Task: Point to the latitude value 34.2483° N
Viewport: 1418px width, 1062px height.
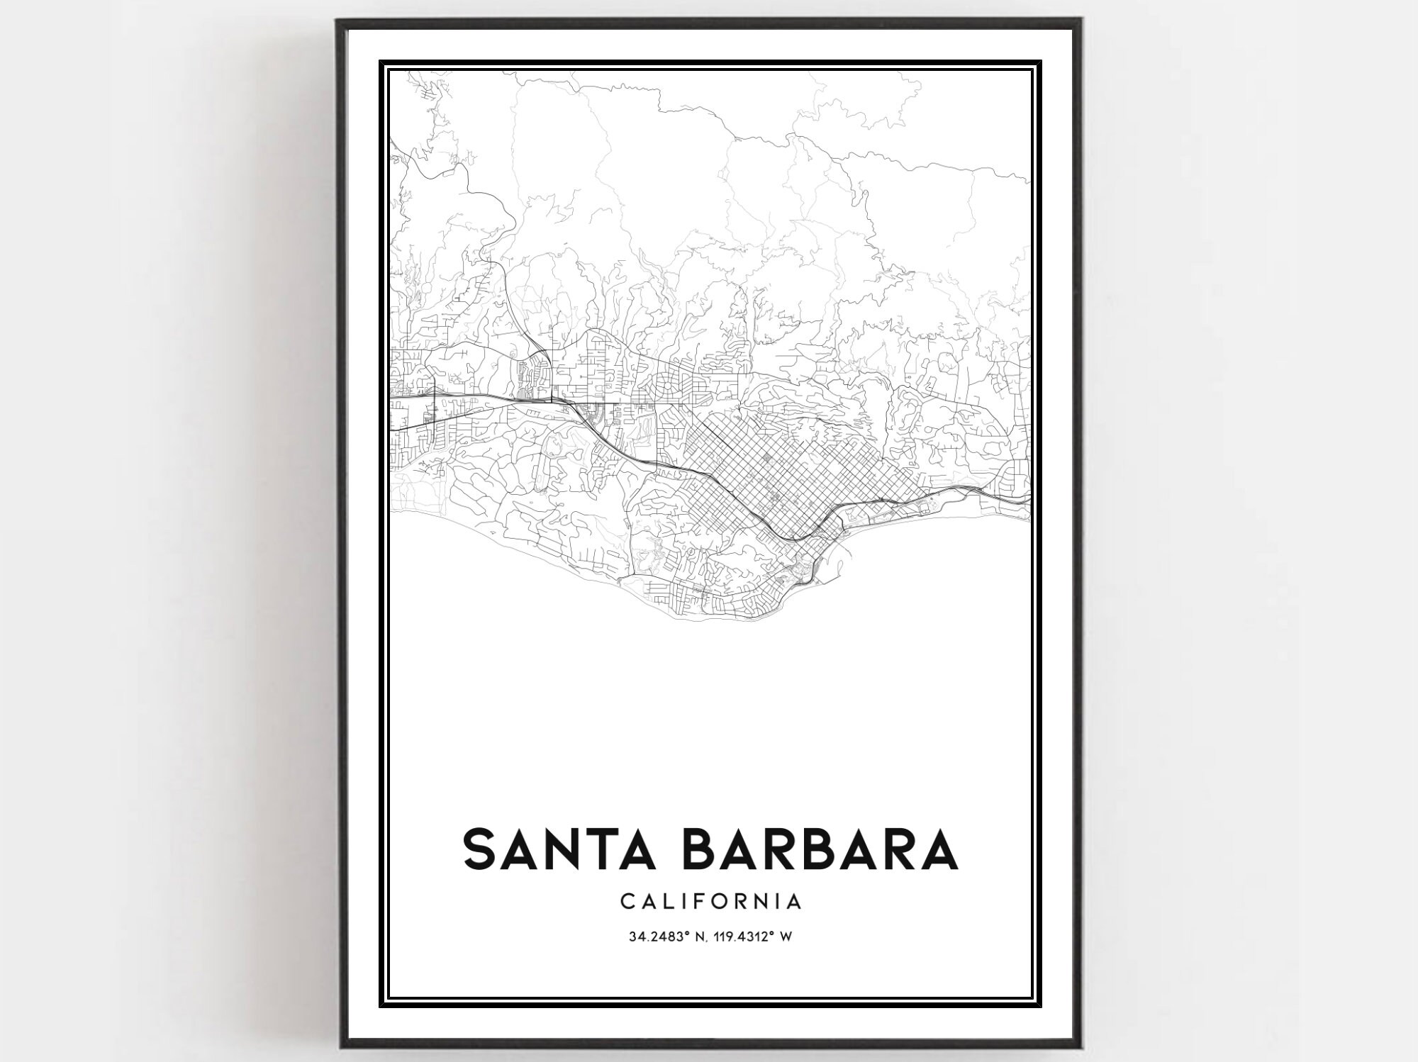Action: tap(665, 937)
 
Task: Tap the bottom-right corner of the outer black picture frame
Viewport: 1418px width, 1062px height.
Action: tap(1081, 1046)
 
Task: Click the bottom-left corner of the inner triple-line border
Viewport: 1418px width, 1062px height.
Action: tap(380, 1005)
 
